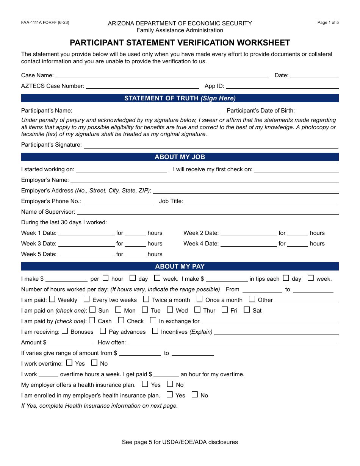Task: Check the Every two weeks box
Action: pyautogui.click(x=87, y=299)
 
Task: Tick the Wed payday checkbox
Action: pyautogui.click(x=170, y=310)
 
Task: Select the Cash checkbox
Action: pyautogui.click(x=92, y=321)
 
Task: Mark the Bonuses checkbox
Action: pyautogui.click(x=65, y=331)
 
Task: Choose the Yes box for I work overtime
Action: pyautogui.click(x=69, y=363)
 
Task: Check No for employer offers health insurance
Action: pyautogui.click(x=170, y=384)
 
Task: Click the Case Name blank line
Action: pyautogui.click(x=162, y=75)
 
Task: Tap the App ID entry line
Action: pyautogui.click(x=282, y=86)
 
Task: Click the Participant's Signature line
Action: pyautogui.click(x=211, y=145)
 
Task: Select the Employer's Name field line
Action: pyautogui.click(x=204, y=180)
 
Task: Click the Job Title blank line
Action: pyautogui.click(x=261, y=202)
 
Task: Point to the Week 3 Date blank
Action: pyautogui.click(x=86, y=244)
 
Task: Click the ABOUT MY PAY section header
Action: pyautogui.click(x=180, y=266)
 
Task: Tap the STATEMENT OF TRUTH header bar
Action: pyautogui.click(x=180, y=98)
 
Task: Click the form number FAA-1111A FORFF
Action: pyautogui.click(x=45, y=23)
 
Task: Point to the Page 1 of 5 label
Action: pyautogui.click(x=328, y=23)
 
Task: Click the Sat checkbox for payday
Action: pyautogui.click(x=247, y=310)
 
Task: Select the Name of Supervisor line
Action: pyautogui.click(x=207, y=212)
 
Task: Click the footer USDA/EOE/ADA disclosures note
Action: pyautogui.click(x=180, y=442)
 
